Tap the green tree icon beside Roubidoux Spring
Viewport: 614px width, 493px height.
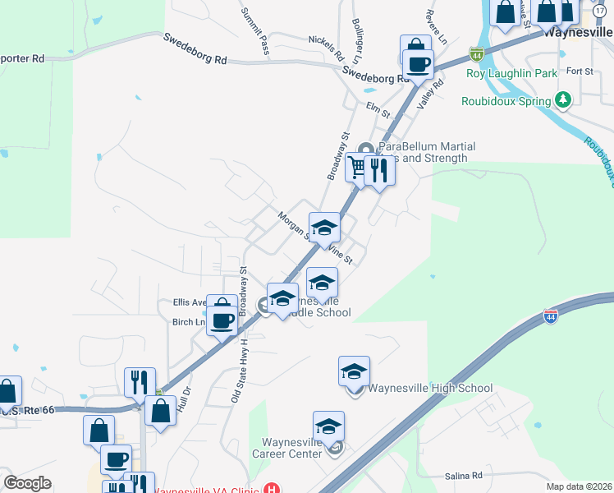tap(563, 100)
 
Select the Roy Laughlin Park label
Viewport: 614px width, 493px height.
tap(511, 73)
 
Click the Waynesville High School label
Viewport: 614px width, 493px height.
tap(430, 389)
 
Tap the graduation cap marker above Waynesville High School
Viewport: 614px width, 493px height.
tap(355, 371)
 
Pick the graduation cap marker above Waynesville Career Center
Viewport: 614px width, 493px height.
tap(328, 426)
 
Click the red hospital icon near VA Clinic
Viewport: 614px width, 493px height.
tap(273, 488)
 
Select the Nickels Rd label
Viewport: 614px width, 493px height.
tap(326, 48)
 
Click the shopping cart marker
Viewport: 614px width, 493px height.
tap(357, 167)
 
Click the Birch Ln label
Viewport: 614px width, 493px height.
tap(189, 322)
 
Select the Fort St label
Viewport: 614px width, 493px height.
tap(580, 71)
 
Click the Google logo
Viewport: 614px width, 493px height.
tap(27, 483)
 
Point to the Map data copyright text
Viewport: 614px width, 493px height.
tap(580, 486)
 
